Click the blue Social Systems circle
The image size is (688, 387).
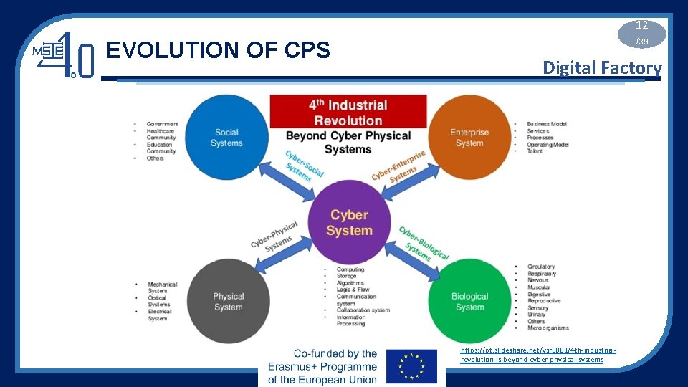point(226,138)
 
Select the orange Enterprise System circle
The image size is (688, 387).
point(469,138)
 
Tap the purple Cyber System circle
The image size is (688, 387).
point(349,223)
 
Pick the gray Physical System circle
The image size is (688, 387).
point(228,302)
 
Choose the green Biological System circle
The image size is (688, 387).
point(469,302)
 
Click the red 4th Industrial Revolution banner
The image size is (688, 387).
point(348,113)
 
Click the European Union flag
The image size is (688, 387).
point(411,367)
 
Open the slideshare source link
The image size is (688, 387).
point(537,354)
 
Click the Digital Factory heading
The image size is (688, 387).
point(602,68)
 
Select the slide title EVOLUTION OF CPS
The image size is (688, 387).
point(218,50)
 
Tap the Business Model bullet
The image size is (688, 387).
point(546,124)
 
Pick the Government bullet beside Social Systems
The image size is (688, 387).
point(162,124)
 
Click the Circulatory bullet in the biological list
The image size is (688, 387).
point(541,267)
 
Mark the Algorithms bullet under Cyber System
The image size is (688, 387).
point(350,283)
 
